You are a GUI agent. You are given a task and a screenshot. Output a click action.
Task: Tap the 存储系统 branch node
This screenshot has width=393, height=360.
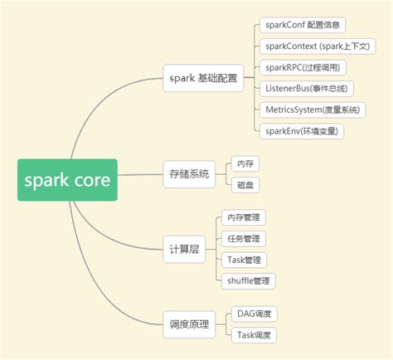pos(189,174)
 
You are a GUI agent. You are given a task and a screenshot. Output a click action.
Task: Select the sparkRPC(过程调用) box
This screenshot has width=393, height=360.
pos(301,67)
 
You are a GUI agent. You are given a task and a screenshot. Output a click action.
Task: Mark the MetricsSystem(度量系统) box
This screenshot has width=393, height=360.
pos(312,109)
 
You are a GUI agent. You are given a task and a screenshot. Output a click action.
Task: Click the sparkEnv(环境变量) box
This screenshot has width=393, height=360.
pos(302,130)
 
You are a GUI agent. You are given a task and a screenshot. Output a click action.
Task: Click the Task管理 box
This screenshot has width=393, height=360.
pos(244,260)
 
